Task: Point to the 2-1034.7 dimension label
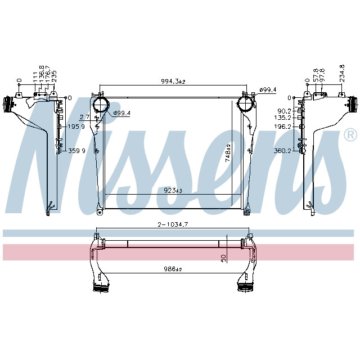173,224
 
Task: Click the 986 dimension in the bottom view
173,269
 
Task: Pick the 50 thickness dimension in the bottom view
223,257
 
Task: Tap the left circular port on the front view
100,105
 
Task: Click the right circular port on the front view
245,105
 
